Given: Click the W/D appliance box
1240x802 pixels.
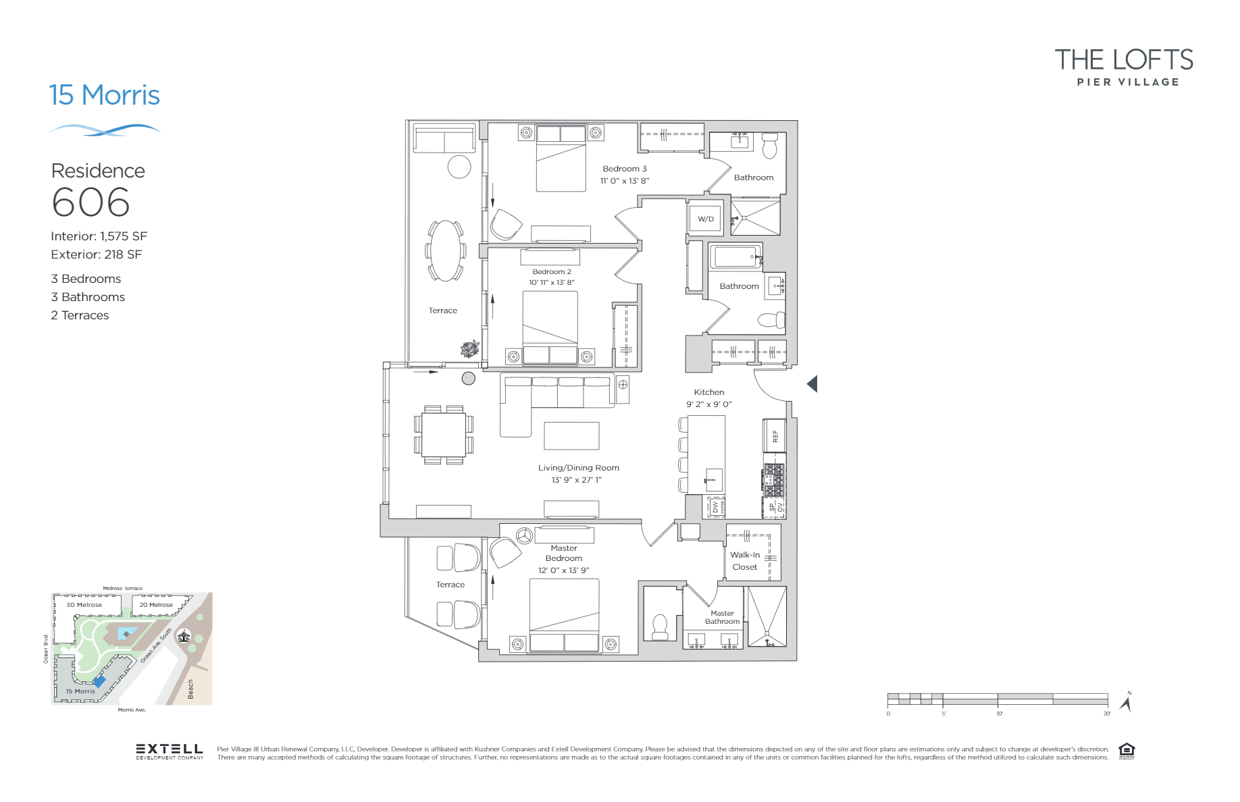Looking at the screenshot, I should pos(706,219).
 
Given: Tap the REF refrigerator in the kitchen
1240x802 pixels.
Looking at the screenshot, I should pos(775,436).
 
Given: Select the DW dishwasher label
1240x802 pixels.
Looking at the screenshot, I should pos(715,507).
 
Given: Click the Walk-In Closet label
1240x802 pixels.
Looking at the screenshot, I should pos(745,561).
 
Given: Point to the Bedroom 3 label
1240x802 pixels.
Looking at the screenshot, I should pos(625,169).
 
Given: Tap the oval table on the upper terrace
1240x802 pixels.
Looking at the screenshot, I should pos(445,250).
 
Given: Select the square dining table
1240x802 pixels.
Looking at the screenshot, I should pos(444,435).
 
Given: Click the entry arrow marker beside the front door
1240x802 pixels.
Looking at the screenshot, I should pos(812,384).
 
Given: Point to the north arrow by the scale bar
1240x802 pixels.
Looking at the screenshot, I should pos(1126,703).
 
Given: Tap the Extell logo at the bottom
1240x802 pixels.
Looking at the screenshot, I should pos(170,751).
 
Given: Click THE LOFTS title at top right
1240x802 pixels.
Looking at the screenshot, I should pos(1124,60).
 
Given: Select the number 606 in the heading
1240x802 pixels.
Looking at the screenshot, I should pos(91,203).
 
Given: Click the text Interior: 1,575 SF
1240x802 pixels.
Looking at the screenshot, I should pos(99,236).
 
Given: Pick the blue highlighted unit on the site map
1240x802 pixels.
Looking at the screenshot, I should pos(99,681).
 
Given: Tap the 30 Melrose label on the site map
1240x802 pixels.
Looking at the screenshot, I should pos(84,605).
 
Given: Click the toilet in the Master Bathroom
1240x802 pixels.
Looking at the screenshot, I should pos(660,626).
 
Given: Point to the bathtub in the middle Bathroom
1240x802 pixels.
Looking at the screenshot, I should pos(735,257).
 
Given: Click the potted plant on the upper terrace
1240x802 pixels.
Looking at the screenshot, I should pos(470,348).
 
